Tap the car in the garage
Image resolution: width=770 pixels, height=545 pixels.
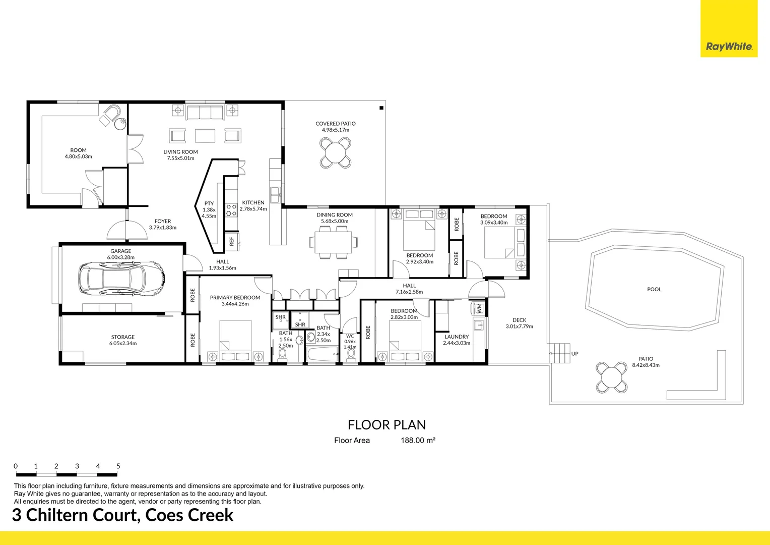121,278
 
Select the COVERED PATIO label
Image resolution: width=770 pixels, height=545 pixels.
336,124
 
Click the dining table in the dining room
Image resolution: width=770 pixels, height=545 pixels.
333,242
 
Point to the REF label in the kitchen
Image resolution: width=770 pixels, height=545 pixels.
232,241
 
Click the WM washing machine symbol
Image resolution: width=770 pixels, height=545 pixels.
479,308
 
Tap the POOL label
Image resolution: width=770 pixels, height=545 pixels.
654,289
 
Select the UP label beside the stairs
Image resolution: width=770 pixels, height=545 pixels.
575,354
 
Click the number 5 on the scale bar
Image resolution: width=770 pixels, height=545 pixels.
118,466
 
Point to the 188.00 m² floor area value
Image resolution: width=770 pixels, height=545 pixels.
418,441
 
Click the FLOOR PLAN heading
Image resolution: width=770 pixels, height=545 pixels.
387,425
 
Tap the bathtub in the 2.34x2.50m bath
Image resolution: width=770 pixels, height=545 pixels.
322,354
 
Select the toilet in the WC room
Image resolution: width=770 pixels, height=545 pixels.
351,355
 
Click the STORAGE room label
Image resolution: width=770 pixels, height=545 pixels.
123,337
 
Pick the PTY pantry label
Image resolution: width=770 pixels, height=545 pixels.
209,203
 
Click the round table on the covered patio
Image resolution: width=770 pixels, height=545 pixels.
336,152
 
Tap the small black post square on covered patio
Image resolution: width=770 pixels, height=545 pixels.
381,108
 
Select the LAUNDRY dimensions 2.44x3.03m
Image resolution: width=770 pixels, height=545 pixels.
457,343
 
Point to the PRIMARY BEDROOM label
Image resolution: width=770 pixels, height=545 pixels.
235,297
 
